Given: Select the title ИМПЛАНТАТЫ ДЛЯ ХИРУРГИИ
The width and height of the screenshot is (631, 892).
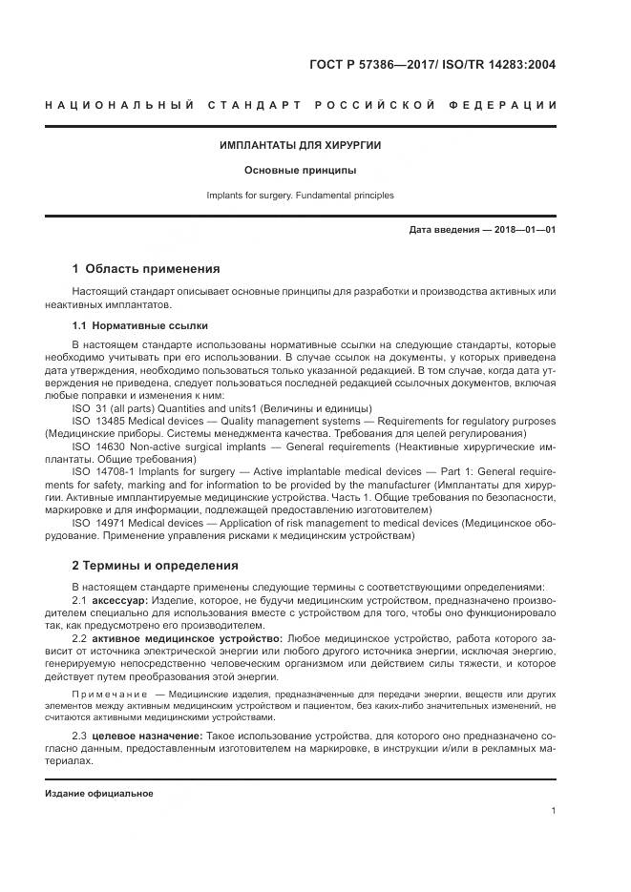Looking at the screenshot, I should click(x=300, y=146).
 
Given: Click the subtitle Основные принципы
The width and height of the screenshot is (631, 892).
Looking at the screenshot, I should click(x=300, y=171).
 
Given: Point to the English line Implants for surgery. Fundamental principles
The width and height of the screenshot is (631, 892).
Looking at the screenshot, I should click(x=300, y=196).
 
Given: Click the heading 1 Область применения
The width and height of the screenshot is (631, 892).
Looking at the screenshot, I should click(x=146, y=268).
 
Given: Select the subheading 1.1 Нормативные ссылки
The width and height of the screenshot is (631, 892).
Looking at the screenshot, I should click(x=139, y=325).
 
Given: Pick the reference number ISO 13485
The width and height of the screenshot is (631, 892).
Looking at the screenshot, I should click(x=99, y=420).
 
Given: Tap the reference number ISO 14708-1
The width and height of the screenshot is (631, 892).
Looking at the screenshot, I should click(x=103, y=470).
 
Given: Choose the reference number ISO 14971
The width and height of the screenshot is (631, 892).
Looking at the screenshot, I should click(x=99, y=522).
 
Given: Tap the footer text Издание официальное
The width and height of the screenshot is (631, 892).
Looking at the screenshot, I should click(x=98, y=793).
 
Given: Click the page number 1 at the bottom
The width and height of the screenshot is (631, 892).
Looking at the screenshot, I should click(x=553, y=810).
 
